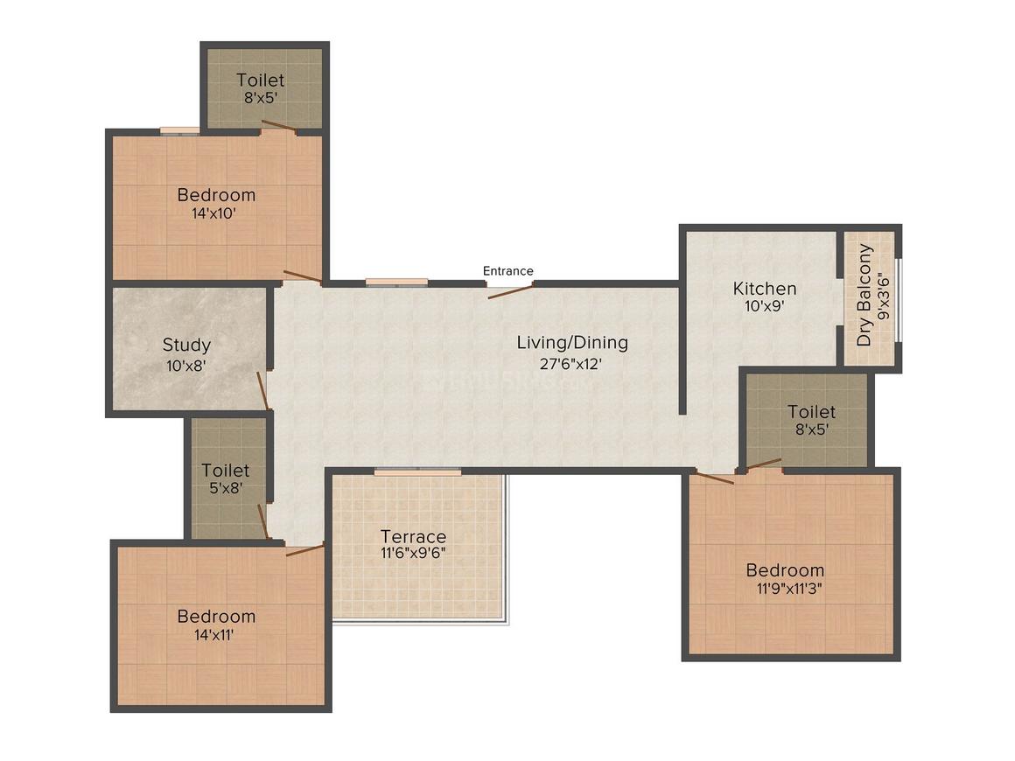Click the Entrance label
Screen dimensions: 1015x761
tap(508, 270)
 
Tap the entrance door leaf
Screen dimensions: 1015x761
tap(511, 290)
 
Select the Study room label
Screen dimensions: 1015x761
tap(186, 345)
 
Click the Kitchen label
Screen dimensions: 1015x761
tap(765, 289)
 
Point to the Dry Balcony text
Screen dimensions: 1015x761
tap(864, 295)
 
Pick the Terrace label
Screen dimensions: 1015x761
tap(413, 536)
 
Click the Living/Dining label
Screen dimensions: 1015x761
tap(572, 343)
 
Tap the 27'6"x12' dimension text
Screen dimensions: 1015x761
tap(570, 364)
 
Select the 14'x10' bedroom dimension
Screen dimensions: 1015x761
tap(213, 213)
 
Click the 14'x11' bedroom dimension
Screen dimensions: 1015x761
tap(213, 635)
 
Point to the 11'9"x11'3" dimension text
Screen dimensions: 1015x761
tap(789, 589)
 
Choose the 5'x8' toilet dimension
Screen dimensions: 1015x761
tap(225, 488)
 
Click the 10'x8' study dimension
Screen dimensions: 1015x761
tap(185, 366)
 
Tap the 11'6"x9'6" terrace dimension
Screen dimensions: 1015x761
tap(413, 554)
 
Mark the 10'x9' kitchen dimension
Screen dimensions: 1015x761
tap(765, 306)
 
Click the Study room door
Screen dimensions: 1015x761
tap(262, 391)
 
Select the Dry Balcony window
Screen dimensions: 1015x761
tap(899, 300)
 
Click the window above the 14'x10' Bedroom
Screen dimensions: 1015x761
tap(179, 130)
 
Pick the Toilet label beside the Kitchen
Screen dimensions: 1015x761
tap(811, 412)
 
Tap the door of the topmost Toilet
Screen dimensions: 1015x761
tap(279, 126)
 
